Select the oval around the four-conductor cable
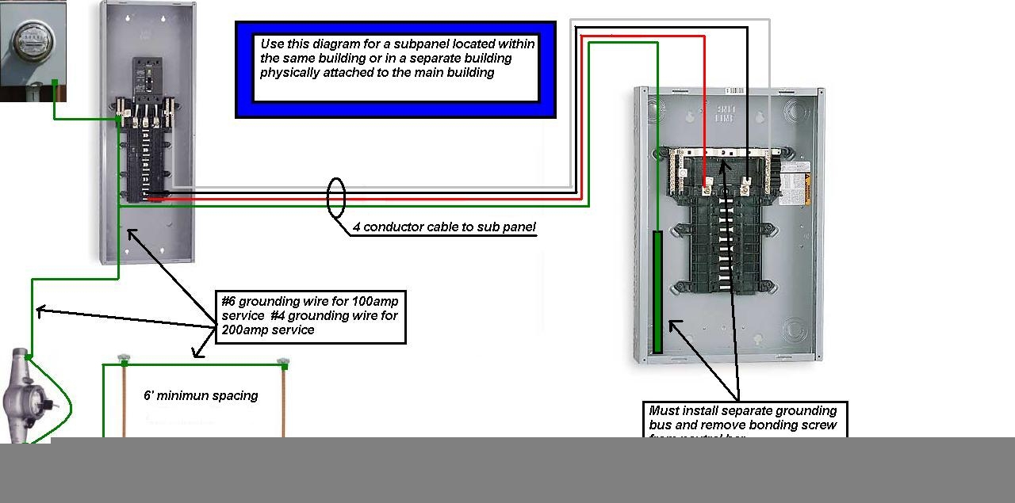point(336,198)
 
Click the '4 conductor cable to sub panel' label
point(444,227)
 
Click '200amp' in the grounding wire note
point(246,330)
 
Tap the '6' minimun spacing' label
point(201,395)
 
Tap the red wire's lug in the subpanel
point(707,188)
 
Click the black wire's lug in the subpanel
point(745,188)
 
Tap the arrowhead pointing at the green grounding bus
point(672,324)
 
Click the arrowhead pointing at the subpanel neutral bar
point(723,164)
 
